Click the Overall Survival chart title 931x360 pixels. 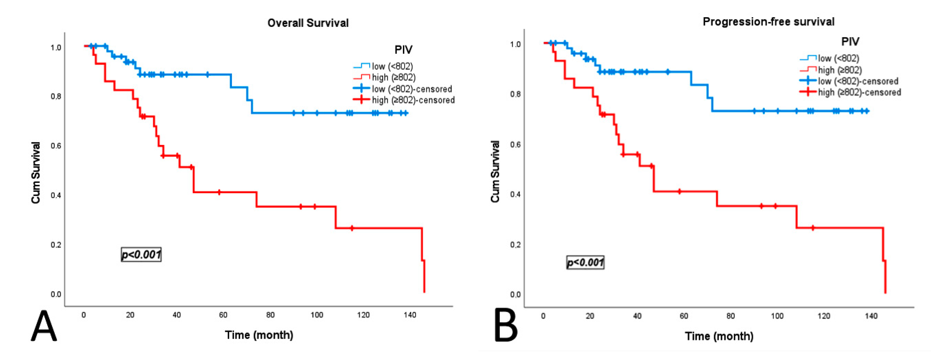coord(308,23)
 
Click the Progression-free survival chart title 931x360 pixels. coord(768,22)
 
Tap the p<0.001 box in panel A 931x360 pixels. coord(141,255)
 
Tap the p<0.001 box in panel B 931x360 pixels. coord(585,262)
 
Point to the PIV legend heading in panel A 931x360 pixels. coord(403,50)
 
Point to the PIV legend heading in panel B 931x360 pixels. coord(850,41)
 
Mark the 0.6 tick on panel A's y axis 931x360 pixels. coord(56,146)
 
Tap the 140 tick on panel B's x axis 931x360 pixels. coord(871,316)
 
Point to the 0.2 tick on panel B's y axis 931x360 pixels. coord(515,245)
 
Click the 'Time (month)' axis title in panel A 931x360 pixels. coord(259,335)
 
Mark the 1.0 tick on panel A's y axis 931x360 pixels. coord(56,48)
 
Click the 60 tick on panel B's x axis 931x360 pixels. coord(684,316)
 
